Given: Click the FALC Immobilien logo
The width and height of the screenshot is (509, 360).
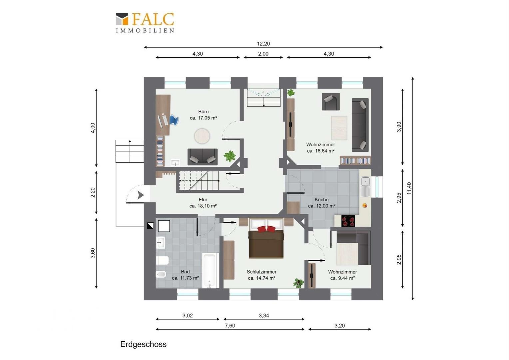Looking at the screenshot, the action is [145, 23].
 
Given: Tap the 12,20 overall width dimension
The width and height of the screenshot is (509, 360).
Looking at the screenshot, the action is [263, 44].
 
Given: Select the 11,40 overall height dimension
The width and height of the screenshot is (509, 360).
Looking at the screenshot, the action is [409, 188].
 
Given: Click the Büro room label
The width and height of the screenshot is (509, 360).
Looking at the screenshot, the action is [204, 112].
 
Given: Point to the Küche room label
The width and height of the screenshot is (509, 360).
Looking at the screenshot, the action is [321, 200].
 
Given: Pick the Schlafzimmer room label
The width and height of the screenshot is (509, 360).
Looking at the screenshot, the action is [261, 272].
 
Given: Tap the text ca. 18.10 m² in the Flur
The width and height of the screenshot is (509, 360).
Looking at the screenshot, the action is [203, 206].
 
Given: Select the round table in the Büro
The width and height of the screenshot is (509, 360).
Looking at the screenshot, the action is [202, 136].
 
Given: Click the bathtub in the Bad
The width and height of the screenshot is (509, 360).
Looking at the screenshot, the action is [209, 271].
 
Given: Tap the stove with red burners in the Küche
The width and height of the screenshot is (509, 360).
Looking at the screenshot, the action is [348, 221].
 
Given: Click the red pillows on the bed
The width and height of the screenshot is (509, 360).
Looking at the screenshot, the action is [266, 229].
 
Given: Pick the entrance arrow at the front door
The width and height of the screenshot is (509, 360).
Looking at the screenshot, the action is [141, 195].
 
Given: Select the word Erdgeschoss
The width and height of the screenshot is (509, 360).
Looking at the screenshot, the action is [143, 344].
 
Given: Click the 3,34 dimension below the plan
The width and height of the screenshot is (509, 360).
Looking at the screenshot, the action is [264, 315].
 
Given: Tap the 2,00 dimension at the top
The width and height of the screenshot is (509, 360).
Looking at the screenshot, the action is [263, 54].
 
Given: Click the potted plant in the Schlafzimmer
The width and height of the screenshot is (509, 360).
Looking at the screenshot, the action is [298, 283].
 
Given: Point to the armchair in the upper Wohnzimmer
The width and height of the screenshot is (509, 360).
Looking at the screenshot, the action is [331, 102].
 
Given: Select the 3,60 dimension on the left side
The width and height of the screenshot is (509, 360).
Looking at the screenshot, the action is [93, 253].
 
